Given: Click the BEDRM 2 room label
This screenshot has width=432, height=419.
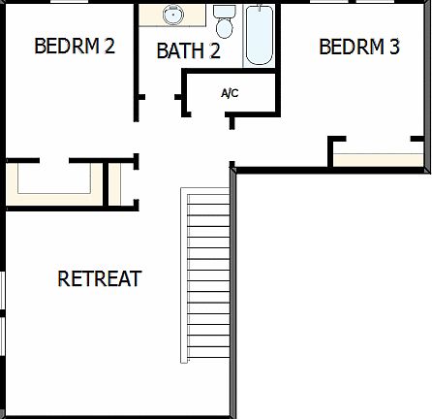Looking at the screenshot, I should [x=75, y=46].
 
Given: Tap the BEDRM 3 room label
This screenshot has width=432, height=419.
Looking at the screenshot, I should [x=358, y=47].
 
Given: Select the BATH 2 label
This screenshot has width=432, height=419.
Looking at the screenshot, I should [x=188, y=51].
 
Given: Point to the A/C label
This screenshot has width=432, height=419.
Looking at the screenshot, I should [x=230, y=94].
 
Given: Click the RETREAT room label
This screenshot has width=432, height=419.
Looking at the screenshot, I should [x=100, y=279].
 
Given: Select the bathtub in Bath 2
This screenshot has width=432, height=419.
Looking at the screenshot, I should [x=259, y=35].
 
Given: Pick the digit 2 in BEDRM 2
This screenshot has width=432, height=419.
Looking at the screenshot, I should [x=109, y=46].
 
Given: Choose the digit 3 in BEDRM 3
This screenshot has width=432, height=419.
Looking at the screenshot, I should [x=393, y=47].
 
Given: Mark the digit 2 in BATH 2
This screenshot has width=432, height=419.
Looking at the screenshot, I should [x=213, y=51].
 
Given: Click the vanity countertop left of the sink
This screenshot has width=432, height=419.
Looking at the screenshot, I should [x=150, y=16].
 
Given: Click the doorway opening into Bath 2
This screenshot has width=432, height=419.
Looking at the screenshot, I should [x=159, y=97].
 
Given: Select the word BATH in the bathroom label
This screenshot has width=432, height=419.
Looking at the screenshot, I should [x=178, y=51].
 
